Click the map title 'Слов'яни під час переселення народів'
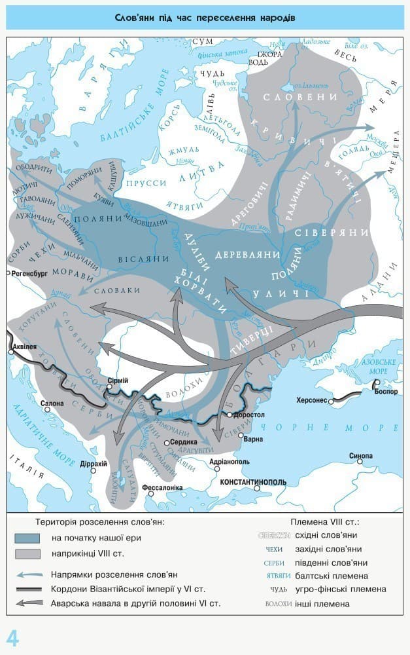pyautogui.click(x=205, y=18)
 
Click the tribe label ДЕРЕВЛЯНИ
pyautogui.click(x=248, y=254)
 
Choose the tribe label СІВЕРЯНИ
pyautogui.click(x=323, y=233)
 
